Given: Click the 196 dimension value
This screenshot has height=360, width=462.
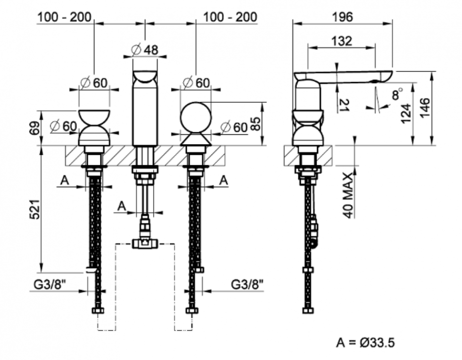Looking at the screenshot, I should click(x=342, y=17).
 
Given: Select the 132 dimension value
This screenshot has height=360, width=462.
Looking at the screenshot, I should click(x=341, y=41).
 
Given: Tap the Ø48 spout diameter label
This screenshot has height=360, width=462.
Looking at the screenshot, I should click(x=145, y=50).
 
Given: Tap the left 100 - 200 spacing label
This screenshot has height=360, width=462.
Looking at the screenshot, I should click(x=64, y=17).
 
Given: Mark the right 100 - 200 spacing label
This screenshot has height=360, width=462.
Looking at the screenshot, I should click(x=230, y=17).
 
